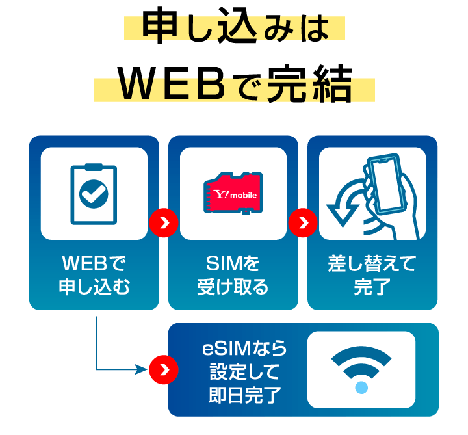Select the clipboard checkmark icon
tap(94, 193)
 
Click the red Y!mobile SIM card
tap(233, 193)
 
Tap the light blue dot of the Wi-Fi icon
tap(361, 388)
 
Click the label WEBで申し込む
tap(94, 275)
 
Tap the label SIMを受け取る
tap(233, 275)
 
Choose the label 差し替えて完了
tap(372, 275)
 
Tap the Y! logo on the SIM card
tap(222, 193)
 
